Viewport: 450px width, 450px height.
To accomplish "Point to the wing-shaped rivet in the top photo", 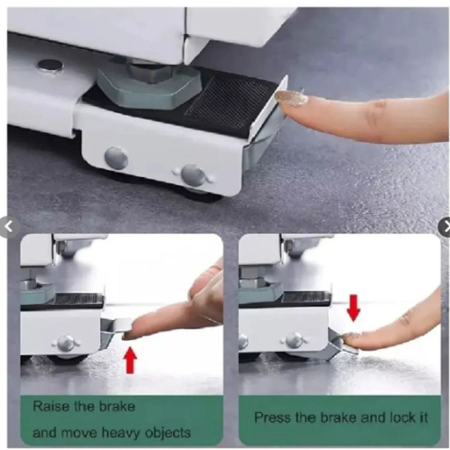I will coord(193,175).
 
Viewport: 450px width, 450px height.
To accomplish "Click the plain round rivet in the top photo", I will coord(116,157).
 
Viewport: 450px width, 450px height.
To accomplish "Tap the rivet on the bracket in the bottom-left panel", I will coord(66,342).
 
